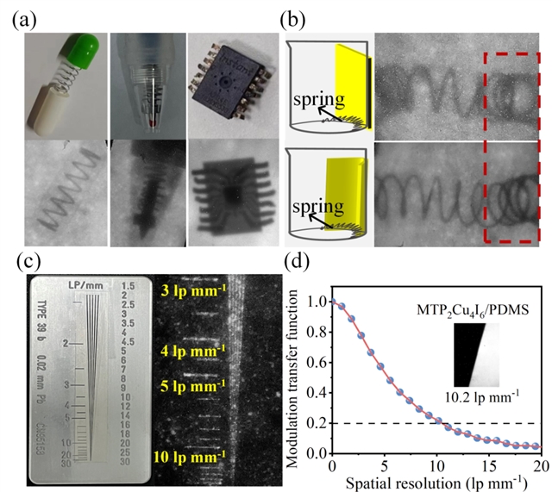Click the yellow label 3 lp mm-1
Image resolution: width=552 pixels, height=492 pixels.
coord(192,291)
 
